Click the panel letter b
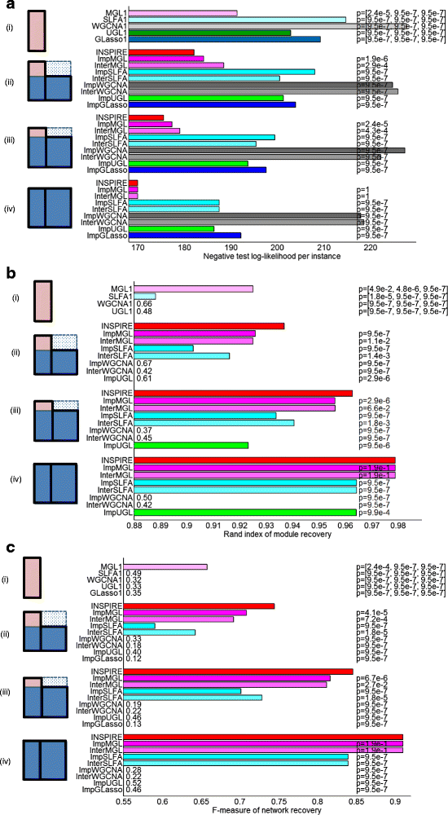click(7, 271)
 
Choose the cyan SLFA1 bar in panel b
click(142, 296)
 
